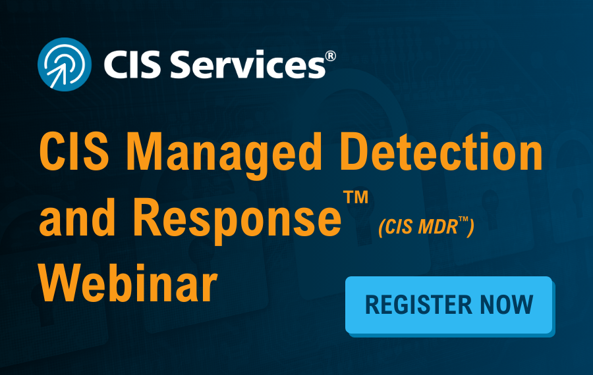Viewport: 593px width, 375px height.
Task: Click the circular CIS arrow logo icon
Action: tap(64, 64)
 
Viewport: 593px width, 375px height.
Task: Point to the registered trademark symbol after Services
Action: tap(330, 57)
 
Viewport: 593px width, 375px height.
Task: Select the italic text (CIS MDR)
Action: tap(426, 229)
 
